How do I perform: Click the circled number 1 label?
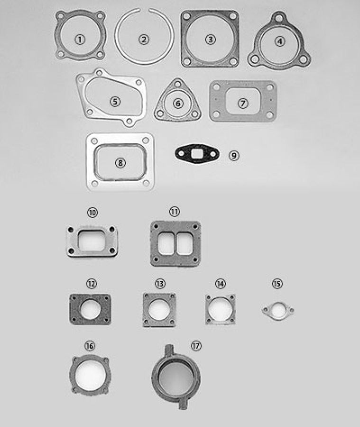click(x=80, y=39)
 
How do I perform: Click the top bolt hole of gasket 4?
click(x=279, y=18)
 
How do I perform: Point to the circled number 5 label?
click(x=115, y=101)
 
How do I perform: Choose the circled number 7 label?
click(x=243, y=102)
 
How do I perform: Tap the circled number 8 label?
click(x=121, y=163)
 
